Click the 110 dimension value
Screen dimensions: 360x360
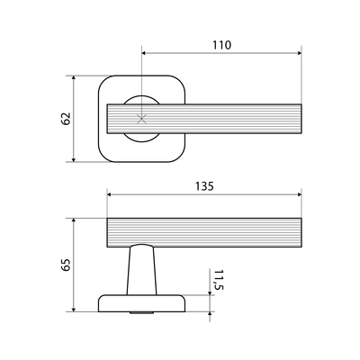point(222,45)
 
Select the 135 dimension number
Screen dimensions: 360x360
point(204,186)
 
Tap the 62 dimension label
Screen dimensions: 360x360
point(66,119)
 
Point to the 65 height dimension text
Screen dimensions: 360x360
point(66,265)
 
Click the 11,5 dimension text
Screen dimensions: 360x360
point(219,280)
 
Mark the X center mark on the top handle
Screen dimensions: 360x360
point(141,119)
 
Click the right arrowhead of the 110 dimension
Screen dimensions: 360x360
point(299,53)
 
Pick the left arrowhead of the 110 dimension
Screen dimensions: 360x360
point(144,53)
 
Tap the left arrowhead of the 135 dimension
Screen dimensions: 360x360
point(110,194)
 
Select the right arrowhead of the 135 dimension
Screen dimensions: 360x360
point(299,194)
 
